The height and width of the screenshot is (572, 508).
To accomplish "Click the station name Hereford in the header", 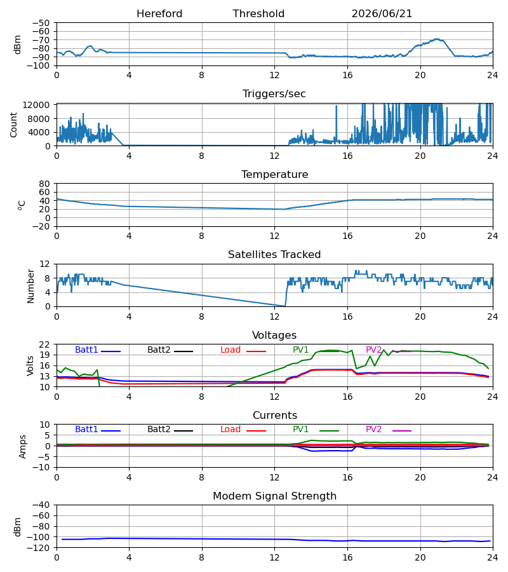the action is coord(159,14).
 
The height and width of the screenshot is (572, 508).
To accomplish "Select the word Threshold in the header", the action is coord(258,14).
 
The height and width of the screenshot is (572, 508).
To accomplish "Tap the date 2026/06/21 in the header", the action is coord(382,14).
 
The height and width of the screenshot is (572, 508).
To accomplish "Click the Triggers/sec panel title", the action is coord(274,94).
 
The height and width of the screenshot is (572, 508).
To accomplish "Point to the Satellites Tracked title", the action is coord(274,255).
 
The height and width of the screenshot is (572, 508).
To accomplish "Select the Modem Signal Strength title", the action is coord(274,496).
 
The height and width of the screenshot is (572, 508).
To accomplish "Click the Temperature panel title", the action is coord(274,174).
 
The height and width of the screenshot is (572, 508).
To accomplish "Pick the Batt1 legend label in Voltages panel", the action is coord(86,350).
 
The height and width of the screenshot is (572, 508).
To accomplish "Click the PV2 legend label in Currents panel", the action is coord(373,430).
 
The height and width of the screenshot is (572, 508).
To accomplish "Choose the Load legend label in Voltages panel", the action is coord(231,350).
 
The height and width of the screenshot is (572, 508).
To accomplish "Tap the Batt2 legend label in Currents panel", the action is coord(159,430).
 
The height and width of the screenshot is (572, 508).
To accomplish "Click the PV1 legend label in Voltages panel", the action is coord(300,350).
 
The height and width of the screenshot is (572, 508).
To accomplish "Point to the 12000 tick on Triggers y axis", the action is coord(36,105).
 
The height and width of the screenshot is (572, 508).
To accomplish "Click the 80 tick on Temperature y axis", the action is coord(44,184).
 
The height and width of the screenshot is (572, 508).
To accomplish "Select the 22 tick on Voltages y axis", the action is coord(44,344).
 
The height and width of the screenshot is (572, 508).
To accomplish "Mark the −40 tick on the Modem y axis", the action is coord(41,505).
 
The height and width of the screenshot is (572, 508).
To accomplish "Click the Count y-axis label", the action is coord(14,125).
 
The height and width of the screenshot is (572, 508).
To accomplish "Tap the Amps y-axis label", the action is coord(23,447).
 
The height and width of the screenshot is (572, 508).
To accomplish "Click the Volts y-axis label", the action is coord(30,366).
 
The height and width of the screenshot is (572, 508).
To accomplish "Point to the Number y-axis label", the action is coord(30,286).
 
